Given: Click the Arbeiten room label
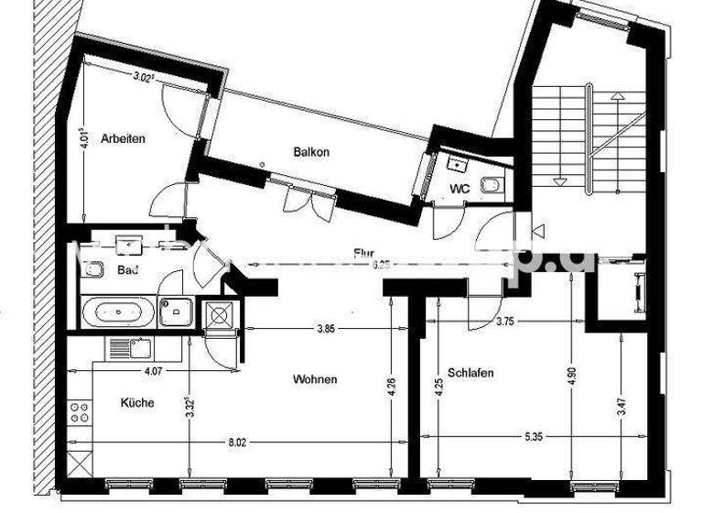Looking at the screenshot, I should tap(124, 139).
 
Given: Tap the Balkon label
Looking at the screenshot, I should tap(311, 151).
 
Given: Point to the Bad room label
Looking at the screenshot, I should tap(127, 269).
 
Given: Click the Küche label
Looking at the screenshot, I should tap(137, 402).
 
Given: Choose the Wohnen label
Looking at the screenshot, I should tap(315, 379).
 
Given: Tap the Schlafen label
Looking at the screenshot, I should tap(471, 373).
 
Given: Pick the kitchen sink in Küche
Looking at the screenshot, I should tap(128, 347).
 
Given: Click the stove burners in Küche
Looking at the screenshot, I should tap(79, 413).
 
